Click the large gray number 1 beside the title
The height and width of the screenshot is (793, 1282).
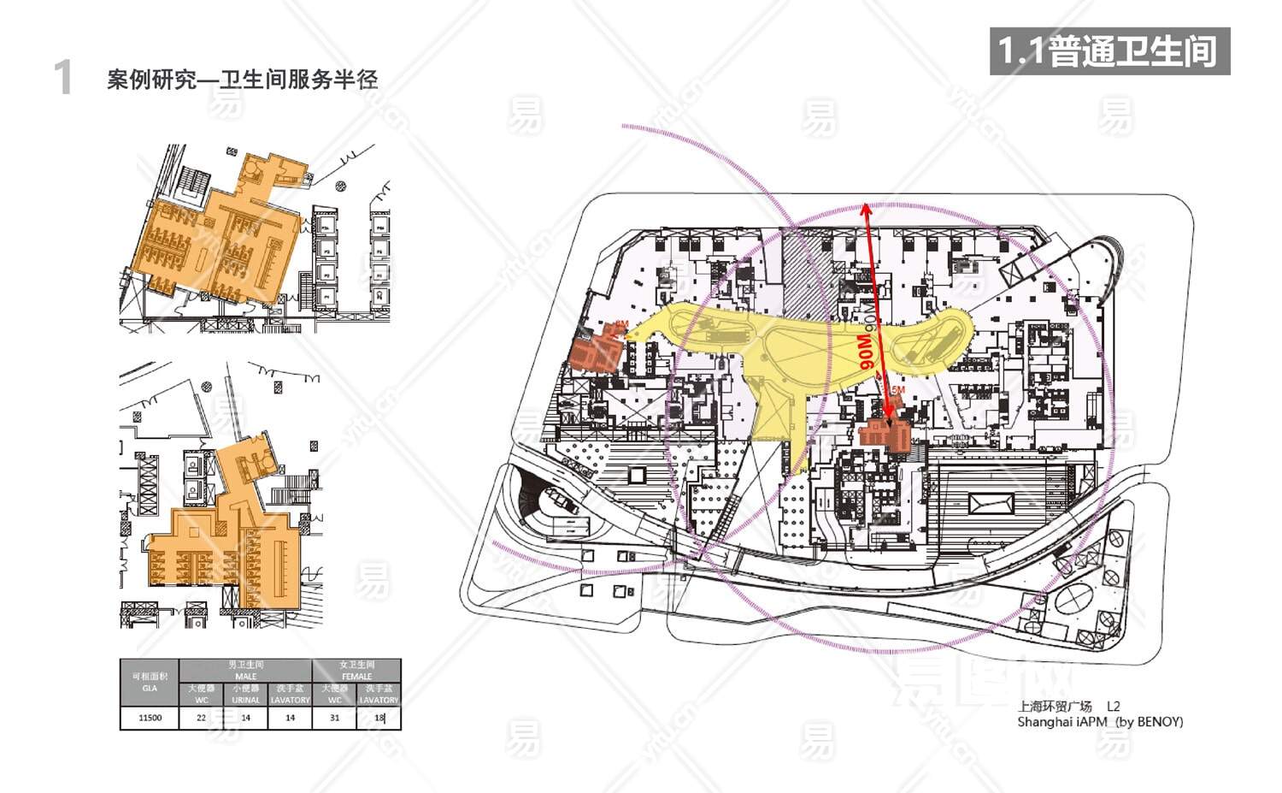62,78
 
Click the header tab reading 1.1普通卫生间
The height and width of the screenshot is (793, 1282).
1109,51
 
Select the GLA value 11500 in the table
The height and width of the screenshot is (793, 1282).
150,718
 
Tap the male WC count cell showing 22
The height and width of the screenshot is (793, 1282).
202,718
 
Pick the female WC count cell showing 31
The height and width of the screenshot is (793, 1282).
334,718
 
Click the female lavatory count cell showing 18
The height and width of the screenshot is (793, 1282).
379,718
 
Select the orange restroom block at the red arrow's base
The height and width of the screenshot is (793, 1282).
888,434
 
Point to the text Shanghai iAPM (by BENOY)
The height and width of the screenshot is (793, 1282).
1100,721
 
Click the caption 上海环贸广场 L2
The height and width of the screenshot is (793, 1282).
1068,706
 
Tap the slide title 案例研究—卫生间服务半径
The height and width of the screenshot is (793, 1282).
242,80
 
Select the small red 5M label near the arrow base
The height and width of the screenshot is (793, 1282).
897,390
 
